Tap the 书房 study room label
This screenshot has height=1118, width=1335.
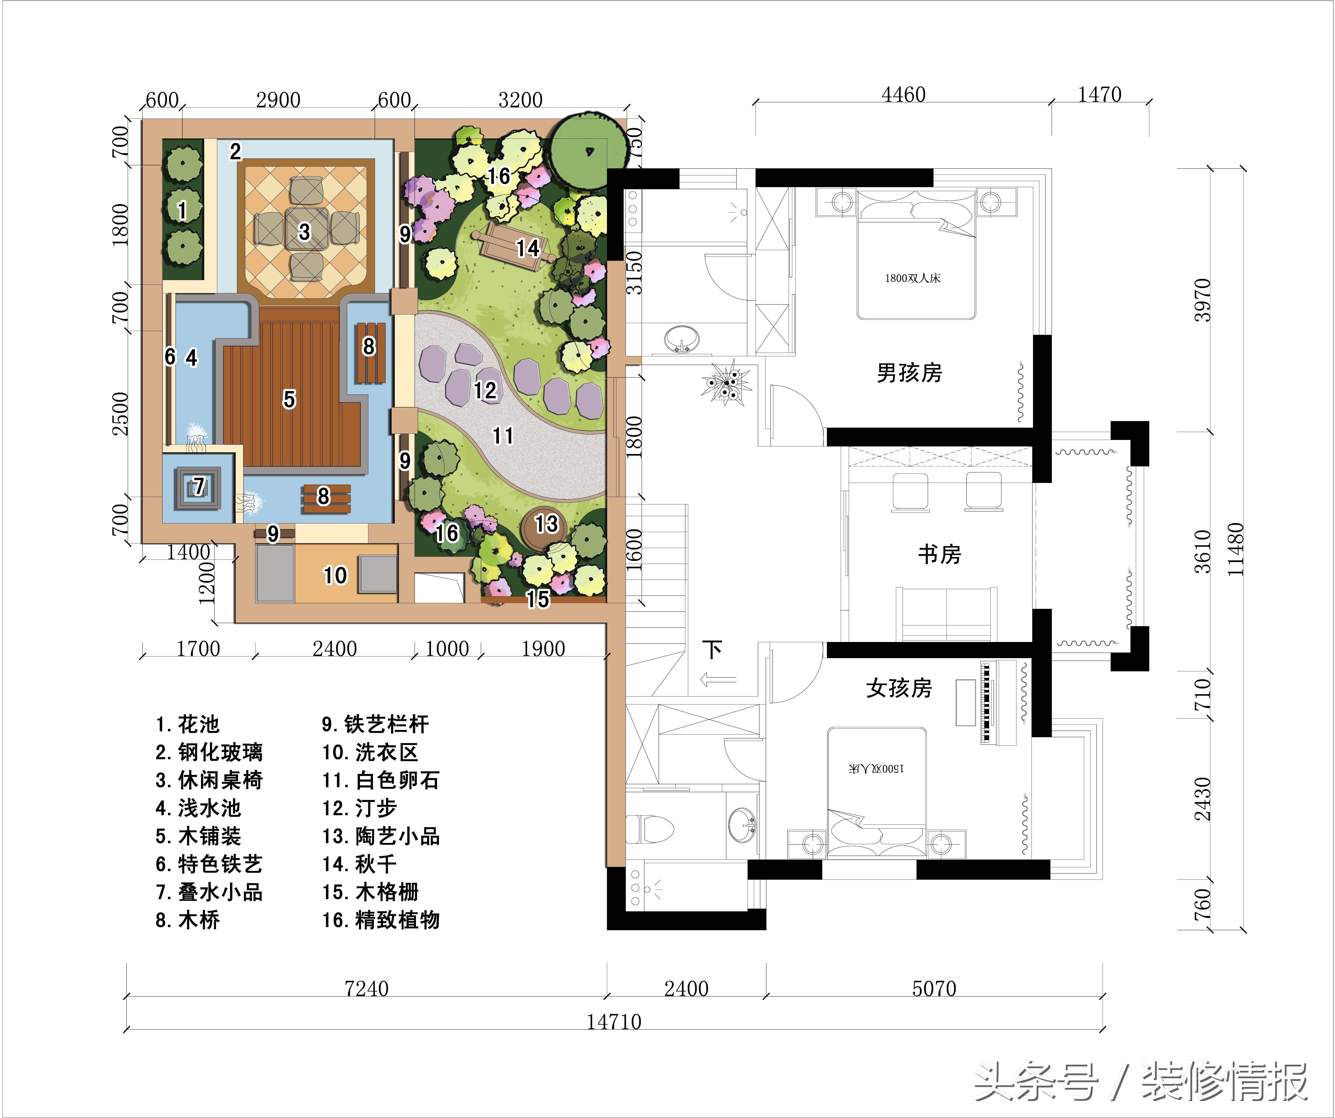coord(940,554)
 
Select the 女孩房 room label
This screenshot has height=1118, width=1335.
coord(899,688)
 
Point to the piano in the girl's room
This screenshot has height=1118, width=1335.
coord(998,702)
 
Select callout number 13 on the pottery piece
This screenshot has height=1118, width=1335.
coord(546,524)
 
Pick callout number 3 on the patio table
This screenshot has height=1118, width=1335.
coord(305,232)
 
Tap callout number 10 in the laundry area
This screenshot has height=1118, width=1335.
coord(335,575)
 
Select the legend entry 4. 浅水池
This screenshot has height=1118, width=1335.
coord(198,808)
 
